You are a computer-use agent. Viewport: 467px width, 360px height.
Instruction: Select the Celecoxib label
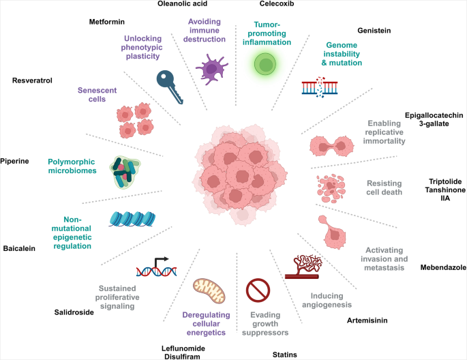[x=258, y=4]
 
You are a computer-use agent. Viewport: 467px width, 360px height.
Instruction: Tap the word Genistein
[x=377, y=30]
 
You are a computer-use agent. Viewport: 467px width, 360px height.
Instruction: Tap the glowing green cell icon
[x=263, y=65]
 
